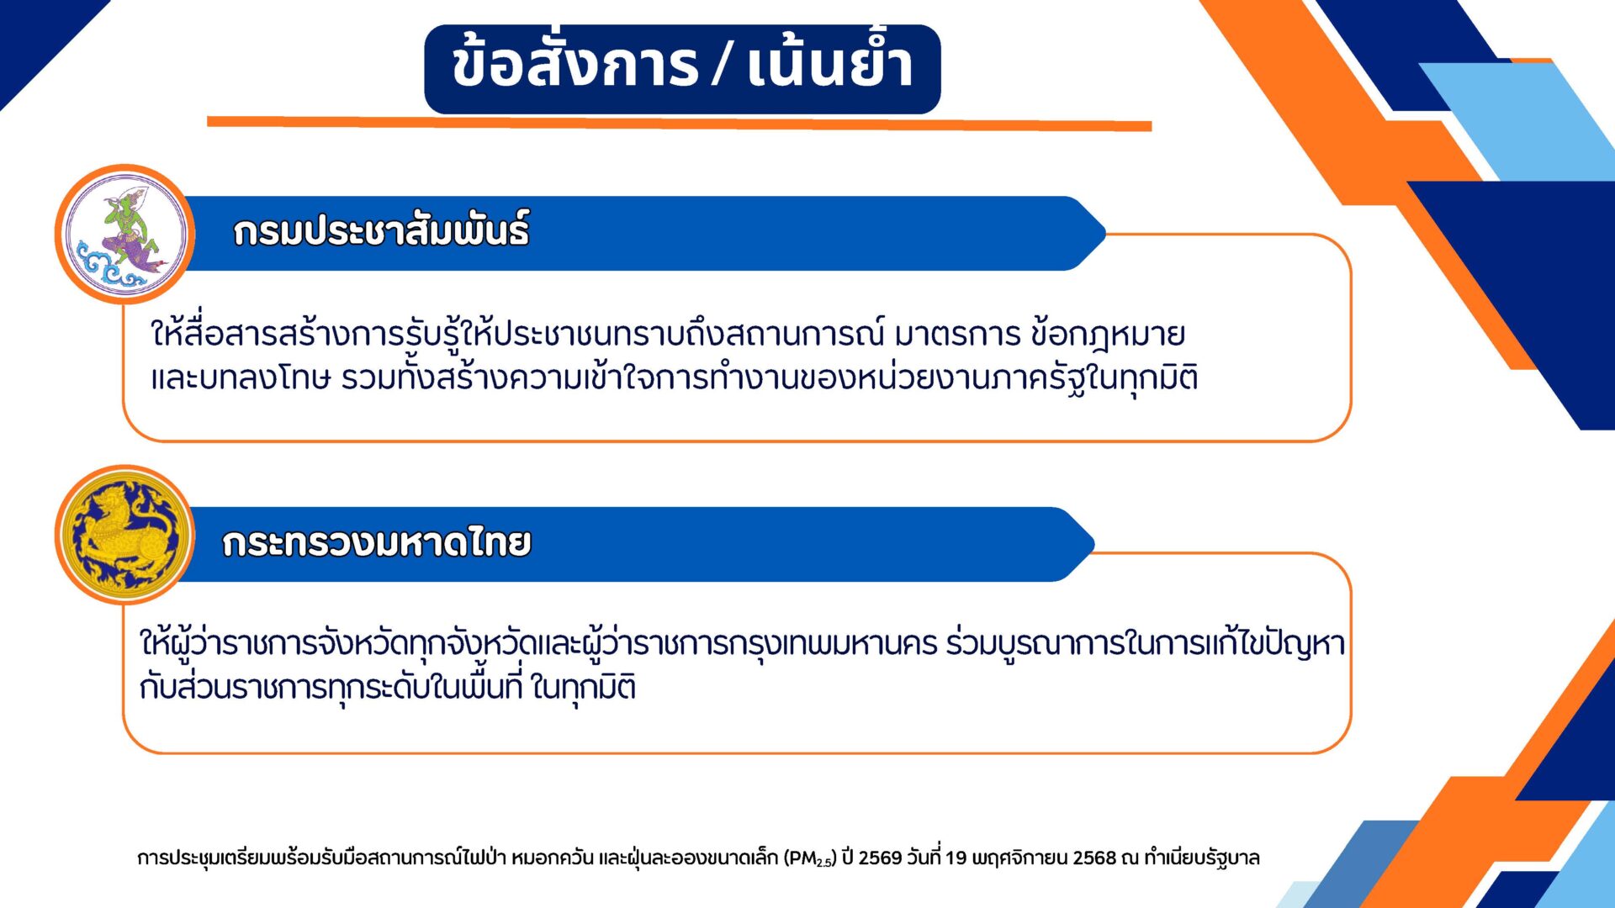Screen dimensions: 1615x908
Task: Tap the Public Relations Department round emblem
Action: pos(125,234)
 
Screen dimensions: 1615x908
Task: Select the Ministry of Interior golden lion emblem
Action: pos(125,536)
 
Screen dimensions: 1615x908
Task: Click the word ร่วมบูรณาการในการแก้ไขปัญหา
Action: pos(1146,644)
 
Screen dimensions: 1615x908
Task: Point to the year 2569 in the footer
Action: pos(880,858)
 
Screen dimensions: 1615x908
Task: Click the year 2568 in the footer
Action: pos(1094,858)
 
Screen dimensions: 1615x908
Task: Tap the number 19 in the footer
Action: pos(956,858)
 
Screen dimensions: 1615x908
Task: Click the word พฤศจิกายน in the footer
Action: pos(1019,858)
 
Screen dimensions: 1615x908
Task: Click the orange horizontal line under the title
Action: pos(680,124)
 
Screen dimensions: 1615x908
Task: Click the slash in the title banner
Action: pos(722,65)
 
